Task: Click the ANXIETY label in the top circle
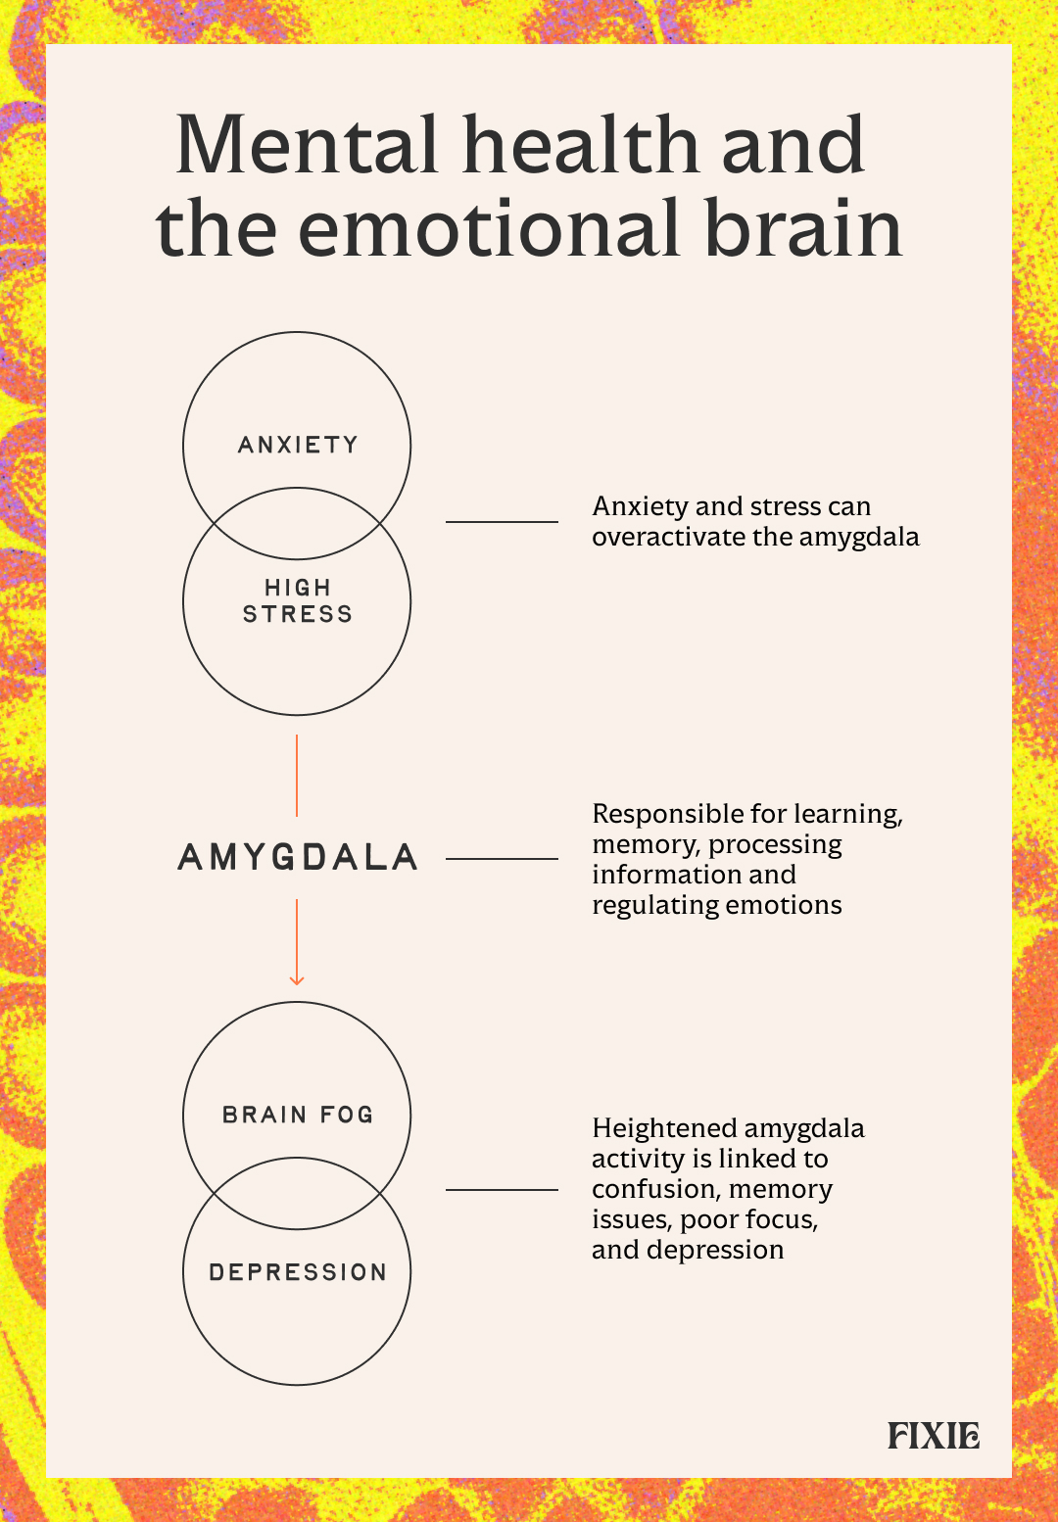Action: click(x=298, y=445)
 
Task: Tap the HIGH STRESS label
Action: click(x=298, y=600)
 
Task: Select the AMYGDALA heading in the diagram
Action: click(x=298, y=858)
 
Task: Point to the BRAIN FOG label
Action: click(x=298, y=1115)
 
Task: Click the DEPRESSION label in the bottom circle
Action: click(x=298, y=1272)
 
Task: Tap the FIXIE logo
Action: click(x=934, y=1436)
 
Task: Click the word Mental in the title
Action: click(x=307, y=145)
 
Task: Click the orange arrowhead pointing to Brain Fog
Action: click(x=297, y=979)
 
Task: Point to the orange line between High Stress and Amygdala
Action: click(x=297, y=776)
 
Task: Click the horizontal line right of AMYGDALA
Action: click(x=502, y=859)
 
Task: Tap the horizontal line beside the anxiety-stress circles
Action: click(x=502, y=522)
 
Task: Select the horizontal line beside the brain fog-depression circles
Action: click(x=502, y=1190)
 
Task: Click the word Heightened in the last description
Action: click(x=664, y=1129)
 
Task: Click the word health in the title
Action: click(x=581, y=145)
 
